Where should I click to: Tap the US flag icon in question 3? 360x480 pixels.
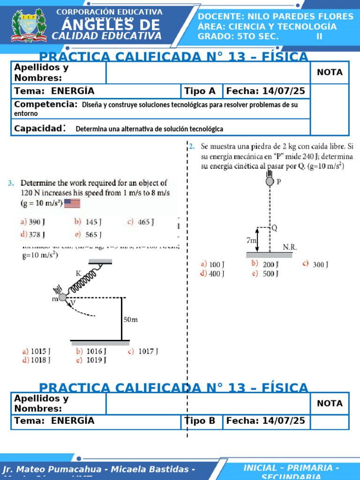click(72, 203)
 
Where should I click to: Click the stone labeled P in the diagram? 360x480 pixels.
click(270, 181)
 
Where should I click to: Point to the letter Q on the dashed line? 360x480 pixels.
click(274, 227)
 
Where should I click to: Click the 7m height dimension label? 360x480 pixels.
click(251, 240)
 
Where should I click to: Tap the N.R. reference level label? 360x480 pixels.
click(290, 247)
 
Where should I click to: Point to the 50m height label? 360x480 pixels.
click(131, 320)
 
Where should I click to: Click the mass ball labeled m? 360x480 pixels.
click(62, 297)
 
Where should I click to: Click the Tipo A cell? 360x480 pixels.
click(201, 91)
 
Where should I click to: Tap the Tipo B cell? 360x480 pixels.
click(201, 421)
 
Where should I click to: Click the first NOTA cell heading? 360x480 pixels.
click(330, 72)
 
